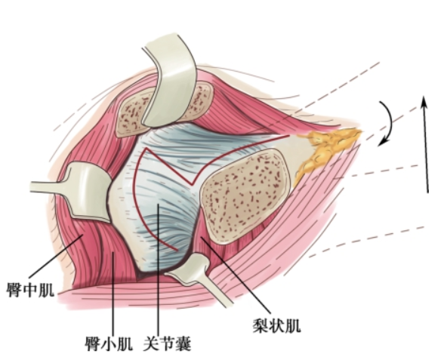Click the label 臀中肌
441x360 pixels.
[30, 291]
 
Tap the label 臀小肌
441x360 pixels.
[109, 343]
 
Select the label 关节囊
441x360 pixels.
[168, 343]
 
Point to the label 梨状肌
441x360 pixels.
[276, 326]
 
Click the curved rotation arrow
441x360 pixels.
[391, 121]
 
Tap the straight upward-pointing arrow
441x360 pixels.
[426, 144]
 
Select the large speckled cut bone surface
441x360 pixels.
[245, 195]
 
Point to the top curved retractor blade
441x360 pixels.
[168, 82]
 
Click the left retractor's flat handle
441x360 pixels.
[48, 187]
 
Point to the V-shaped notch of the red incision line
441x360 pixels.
[193, 185]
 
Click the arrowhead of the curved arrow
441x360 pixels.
[383, 141]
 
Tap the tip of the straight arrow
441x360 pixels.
[424, 96]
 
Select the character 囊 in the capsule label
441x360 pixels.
[183, 343]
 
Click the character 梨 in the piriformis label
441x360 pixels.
[261, 326]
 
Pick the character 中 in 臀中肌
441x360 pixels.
[30, 291]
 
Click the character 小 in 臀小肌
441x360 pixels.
[109, 343]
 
